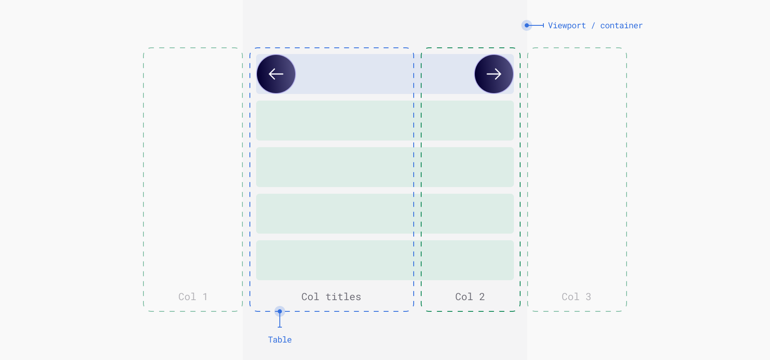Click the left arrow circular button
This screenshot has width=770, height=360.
coord(276,74)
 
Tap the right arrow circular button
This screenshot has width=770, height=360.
coord(494,74)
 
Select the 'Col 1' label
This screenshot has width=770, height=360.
coord(193,297)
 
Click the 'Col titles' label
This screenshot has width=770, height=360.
coord(331,297)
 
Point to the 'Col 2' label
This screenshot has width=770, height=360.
coord(470,297)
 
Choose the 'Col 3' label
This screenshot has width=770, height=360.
coord(576,297)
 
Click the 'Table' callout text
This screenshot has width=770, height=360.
coord(280,340)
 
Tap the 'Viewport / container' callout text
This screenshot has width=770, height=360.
coord(595,25)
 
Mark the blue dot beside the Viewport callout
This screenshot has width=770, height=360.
coord(527,25)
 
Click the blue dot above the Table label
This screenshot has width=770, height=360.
coord(280,311)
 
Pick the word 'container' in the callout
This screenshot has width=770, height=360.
coord(622,25)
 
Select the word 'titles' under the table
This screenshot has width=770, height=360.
coord(343,297)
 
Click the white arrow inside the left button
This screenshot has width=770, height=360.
coord(276,74)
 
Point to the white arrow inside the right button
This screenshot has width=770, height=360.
coord(494,74)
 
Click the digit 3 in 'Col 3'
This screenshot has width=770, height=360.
coord(588,297)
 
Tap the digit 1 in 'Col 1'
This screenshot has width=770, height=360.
coord(205,297)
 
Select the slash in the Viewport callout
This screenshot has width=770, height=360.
coord(593,25)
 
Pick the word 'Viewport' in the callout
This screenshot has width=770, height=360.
coord(567,25)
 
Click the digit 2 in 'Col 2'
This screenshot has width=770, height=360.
coord(482,297)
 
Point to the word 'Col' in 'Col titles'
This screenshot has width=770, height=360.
coord(310,297)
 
